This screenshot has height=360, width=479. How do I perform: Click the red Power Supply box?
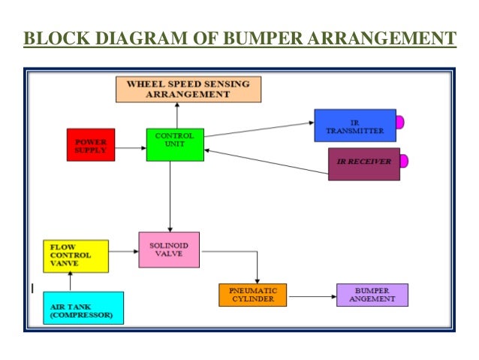tap(91, 144)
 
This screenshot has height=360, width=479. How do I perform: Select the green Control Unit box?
tap(175, 144)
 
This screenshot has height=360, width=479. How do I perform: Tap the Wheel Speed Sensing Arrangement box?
tap(188, 89)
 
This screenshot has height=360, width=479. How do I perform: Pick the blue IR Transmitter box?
tap(354, 126)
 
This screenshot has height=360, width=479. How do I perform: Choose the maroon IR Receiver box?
tap(364, 164)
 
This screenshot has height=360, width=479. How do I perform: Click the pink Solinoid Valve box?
tap(169, 250)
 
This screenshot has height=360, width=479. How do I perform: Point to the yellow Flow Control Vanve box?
tap(75, 256)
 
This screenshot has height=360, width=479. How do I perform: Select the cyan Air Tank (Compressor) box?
tap(83, 307)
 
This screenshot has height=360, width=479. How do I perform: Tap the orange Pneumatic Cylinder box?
tap(254, 295)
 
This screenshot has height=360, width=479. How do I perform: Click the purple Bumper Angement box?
tap(372, 295)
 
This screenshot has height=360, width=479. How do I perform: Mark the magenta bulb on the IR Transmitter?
tap(400, 122)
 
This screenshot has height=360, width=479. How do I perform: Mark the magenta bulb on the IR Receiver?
tap(404, 161)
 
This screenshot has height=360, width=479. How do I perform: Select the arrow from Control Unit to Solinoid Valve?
tap(170, 195)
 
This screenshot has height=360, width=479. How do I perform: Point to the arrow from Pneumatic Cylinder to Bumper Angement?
tap(312, 297)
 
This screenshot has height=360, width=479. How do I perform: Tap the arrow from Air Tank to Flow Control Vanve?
tap(71, 282)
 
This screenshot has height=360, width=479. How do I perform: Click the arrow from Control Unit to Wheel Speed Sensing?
tap(177, 115)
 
